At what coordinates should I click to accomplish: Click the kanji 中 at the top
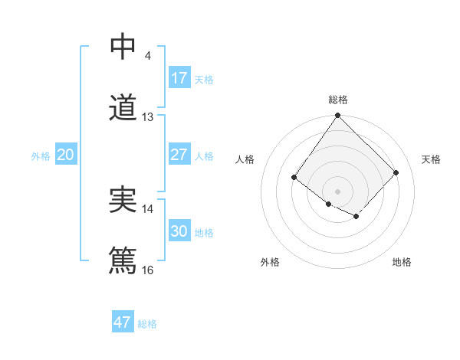point(122,47)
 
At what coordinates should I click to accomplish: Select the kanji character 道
point(122,108)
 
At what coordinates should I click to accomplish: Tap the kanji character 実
point(122,200)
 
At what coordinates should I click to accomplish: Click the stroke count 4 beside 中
point(147,56)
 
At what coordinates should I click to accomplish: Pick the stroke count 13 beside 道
point(148,117)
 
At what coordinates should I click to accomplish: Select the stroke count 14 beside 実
point(148,208)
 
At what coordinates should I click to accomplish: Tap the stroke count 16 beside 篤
point(148,270)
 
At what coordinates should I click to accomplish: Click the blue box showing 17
point(179,78)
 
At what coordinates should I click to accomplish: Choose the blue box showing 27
point(179,155)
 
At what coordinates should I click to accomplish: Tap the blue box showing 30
point(179,231)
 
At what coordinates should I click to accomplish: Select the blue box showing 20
point(66,155)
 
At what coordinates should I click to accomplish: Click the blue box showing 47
point(123,322)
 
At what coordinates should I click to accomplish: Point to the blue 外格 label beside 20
point(41,156)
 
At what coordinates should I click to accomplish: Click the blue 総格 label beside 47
point(147,324)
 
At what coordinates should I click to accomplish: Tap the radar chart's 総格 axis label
point(338,100)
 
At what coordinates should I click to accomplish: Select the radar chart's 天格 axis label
point(432,159)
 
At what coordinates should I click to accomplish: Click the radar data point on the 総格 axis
point(338,116)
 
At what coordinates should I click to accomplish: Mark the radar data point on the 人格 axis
point(294,178)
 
